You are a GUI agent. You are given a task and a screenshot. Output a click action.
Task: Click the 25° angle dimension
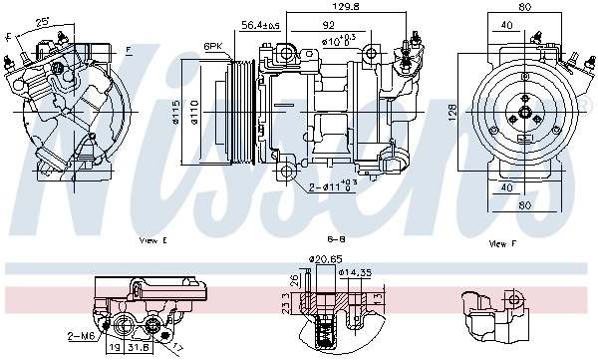pyautogui.click(x=42, y=21)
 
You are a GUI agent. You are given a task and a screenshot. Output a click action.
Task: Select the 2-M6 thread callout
pyautogui.click(x=82, y=336)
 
